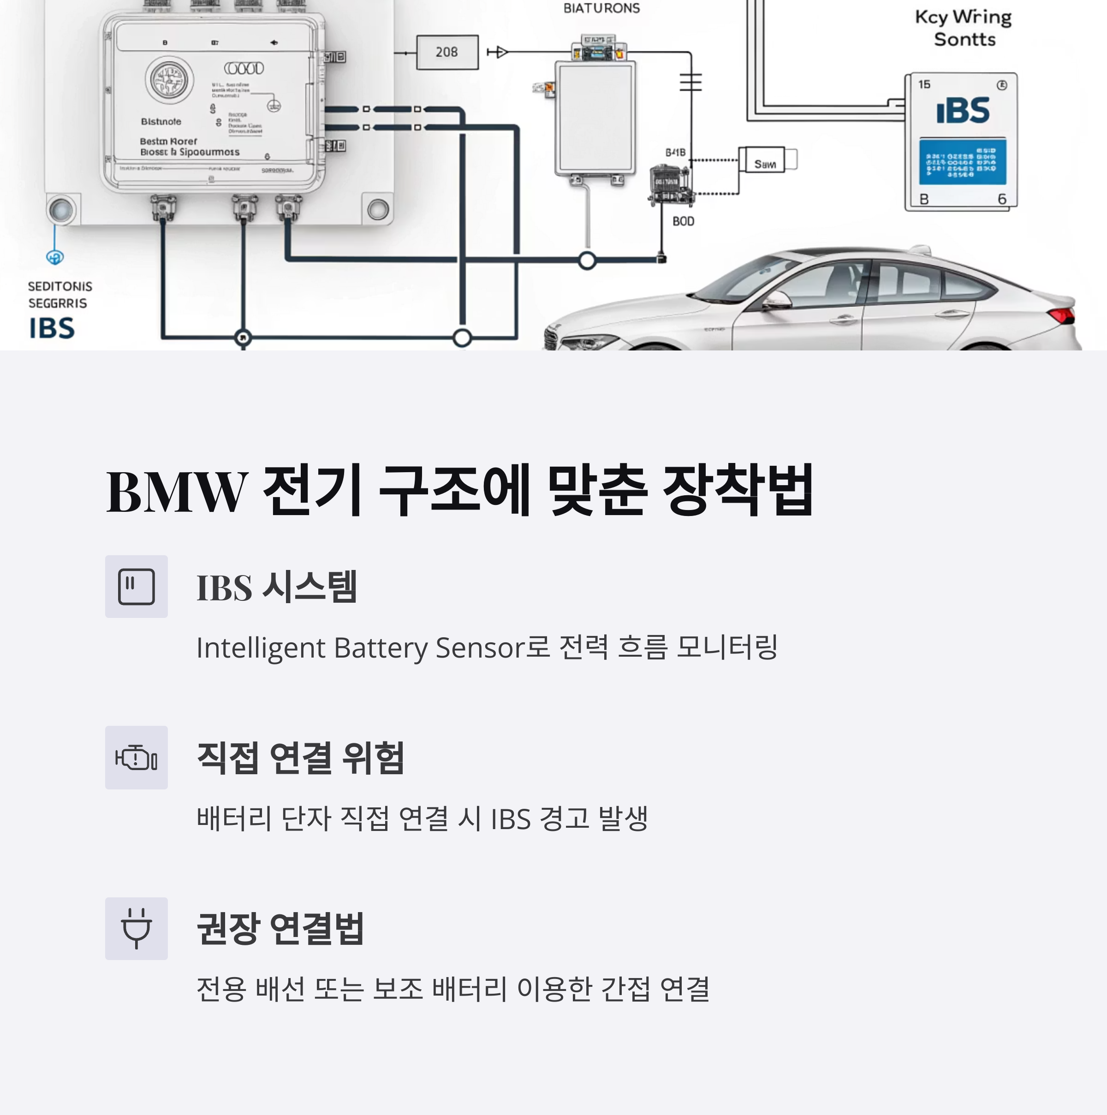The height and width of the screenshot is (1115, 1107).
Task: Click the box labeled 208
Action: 447,53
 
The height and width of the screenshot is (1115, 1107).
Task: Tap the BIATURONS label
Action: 601,8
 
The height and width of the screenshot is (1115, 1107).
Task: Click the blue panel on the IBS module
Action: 962,161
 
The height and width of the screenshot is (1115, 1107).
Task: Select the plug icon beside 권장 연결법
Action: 136,928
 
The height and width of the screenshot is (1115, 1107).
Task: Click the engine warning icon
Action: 136,757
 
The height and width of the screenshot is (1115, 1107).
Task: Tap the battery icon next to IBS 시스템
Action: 136,587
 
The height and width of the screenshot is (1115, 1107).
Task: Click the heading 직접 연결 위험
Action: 300,757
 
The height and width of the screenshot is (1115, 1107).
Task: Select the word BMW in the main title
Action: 177,491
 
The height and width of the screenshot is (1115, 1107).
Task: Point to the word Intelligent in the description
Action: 261,647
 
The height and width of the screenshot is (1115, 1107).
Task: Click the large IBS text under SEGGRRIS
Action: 52,328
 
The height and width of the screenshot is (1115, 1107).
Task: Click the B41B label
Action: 675,152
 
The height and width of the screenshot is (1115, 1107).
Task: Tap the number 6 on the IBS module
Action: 1002,199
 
